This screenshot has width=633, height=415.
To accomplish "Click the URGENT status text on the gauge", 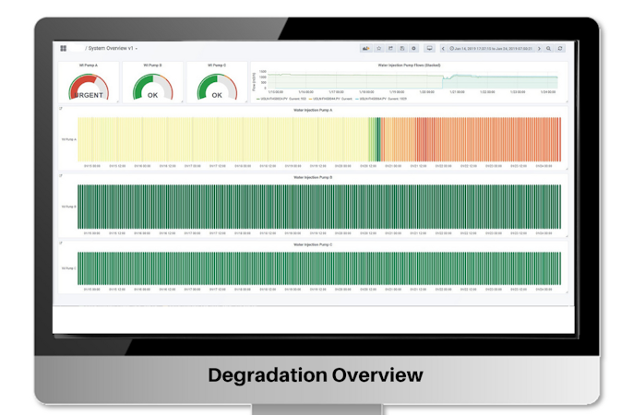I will (89, 95).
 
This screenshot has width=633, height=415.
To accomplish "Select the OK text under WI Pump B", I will (152, 95).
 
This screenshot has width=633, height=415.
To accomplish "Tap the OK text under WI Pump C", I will (217, 95).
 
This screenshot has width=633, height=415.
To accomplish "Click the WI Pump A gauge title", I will (89, 65).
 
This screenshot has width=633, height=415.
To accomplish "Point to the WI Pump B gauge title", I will (152, 65).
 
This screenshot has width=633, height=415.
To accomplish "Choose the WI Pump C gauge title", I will (217, 65).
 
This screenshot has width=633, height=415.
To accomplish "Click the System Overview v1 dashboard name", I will (111, 48).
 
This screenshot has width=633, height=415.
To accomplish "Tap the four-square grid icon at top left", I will (64, 48).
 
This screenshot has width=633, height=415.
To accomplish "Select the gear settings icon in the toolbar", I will (413, 48).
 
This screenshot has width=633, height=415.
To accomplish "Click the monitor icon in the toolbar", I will (429, 48).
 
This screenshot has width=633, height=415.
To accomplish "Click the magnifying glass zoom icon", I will (549, 48).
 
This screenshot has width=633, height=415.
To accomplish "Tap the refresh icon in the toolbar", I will (560, 48).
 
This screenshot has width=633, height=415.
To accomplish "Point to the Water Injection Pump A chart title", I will (313, 110).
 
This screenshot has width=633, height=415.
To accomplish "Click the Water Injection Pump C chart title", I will (313, 244).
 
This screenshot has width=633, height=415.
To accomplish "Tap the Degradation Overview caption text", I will (316, 375).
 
